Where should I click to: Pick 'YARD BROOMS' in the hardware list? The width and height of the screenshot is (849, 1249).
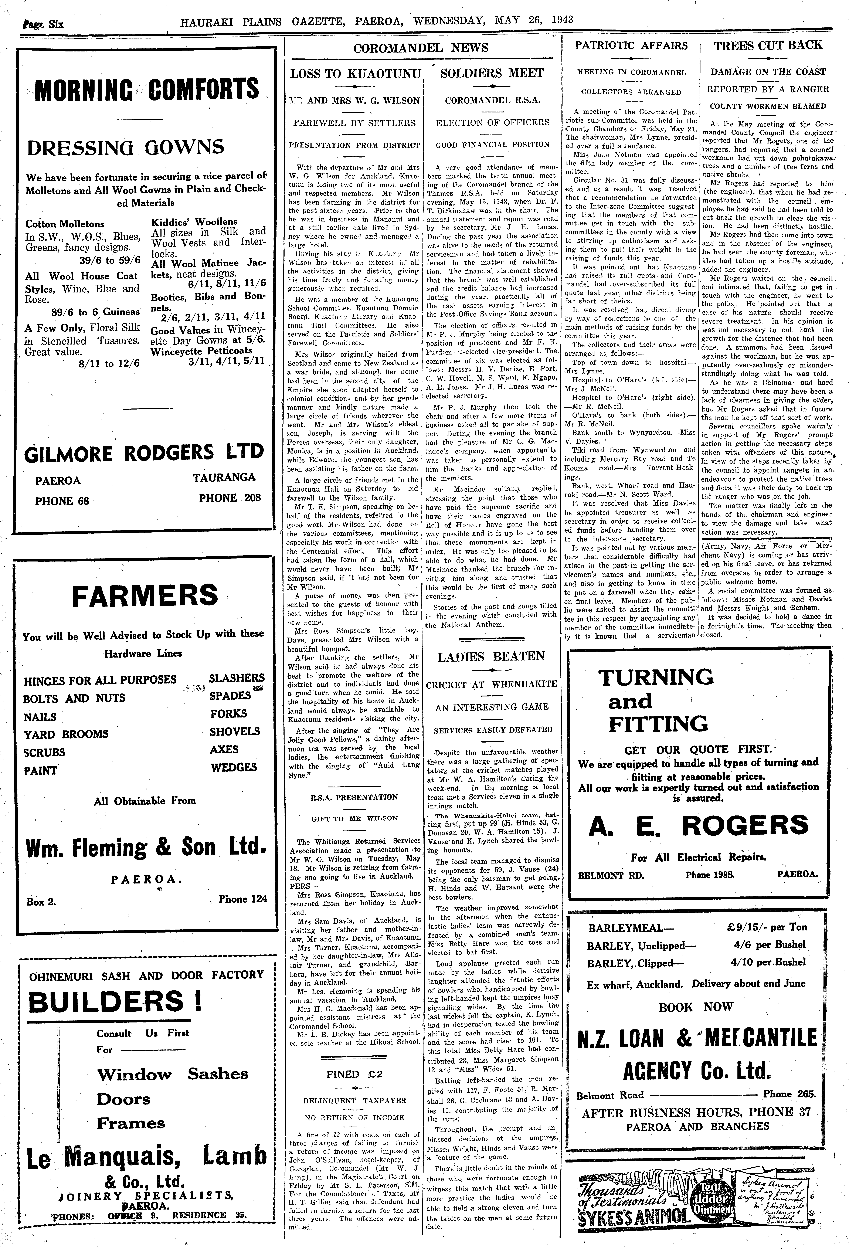point(66,734)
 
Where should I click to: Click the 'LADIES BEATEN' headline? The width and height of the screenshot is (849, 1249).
point(491,657)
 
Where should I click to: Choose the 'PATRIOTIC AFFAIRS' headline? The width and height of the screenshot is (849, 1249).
point(631,46)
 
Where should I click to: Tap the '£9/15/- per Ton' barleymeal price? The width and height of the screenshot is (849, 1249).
point(766,927)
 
